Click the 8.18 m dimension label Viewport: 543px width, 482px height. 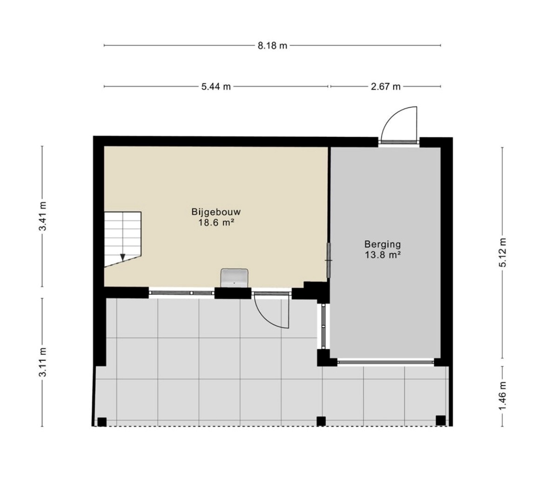click(x=273, y=45)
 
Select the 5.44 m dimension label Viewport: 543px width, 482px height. click(x=216, y=87)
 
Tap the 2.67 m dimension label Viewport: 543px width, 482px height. click(x=385, y=87)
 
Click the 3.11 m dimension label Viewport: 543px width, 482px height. click(x=43, y=362)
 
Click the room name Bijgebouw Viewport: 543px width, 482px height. click(x=216, y=212)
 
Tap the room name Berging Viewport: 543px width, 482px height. click(x=382, y=244)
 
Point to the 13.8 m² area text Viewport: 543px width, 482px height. click(x=382, y=255)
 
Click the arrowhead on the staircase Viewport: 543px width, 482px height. click(x=122, y=257)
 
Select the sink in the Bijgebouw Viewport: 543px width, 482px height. click(x=235, y=278)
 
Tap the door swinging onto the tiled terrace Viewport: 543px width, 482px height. click(x=272, y=311)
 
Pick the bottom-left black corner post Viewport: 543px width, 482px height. click(x=102, y=422)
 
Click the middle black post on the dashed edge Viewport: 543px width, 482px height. click(x=322, y=421)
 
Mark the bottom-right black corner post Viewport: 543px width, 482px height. click(x=441, y=421)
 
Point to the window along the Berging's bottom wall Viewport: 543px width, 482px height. click(x=385, y=362)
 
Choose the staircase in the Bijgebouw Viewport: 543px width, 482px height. click(x=122, y=239)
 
